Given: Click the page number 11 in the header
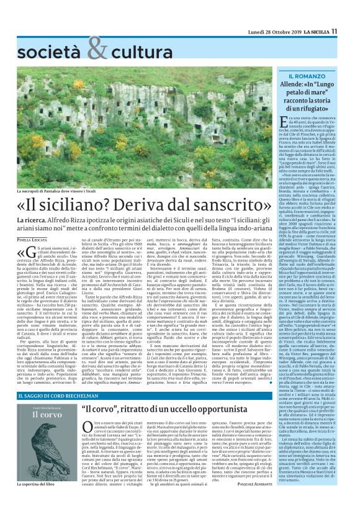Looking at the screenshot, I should [351, 13].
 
